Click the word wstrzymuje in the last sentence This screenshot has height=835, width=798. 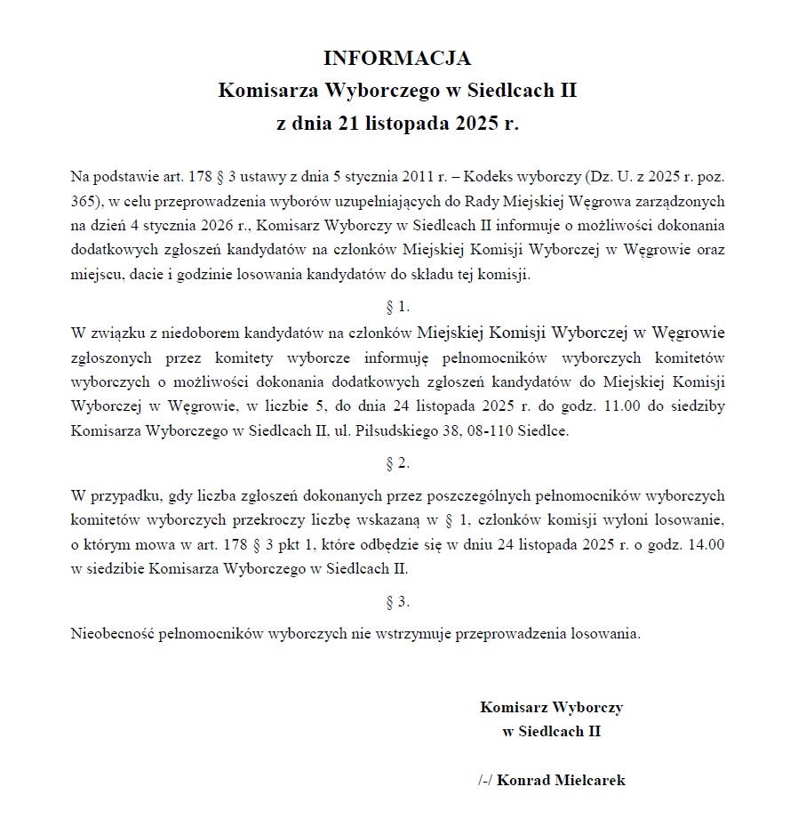point(419,634)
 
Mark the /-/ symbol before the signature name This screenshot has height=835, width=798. point(485,781)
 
